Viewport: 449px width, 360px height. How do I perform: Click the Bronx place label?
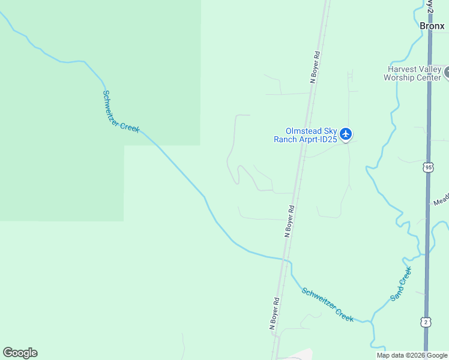click(432, 26)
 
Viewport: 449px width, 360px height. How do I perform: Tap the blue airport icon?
click(345, 134)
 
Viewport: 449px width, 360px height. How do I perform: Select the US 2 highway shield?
click(426, 322)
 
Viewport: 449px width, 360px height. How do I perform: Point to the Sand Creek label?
click(401, 284)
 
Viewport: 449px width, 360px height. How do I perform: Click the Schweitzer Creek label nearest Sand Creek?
click(327, 305)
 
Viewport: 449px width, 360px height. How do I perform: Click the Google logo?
click(20, 353)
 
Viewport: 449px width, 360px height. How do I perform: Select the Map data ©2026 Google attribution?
click(412, 355)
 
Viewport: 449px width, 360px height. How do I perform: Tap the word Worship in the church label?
click(402, 77)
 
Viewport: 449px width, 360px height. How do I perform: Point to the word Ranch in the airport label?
click(285, 139)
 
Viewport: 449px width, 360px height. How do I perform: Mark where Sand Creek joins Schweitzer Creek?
click(371, 320)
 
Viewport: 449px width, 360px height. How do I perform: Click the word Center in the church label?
click(430, 77)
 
